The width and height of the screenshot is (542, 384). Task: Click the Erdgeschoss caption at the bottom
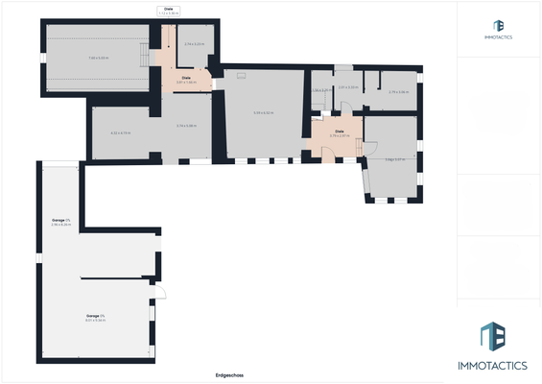pyautogui.click(x=230, y=375)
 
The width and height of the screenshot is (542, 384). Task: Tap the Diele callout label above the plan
pyautogui.click(x=169, y=12)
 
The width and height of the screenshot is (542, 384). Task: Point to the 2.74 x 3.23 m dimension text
pyautogui.click(x=194, y=45)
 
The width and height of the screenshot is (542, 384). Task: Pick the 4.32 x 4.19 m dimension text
pyautogui.click(x=121, y=132)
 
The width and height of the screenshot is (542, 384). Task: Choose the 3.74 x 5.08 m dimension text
pyautogui.click(x=186, y=126)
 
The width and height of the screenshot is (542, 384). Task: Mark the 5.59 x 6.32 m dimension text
pyautogui.click(x=263, y=112)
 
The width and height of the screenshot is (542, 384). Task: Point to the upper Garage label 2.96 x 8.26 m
pyautogui.click(x=61, y=223)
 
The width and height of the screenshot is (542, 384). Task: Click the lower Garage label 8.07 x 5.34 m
pyautogui.click(x=95, y=317)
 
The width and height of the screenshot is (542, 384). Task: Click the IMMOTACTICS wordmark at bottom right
pyautogui.click(x=499, y=366)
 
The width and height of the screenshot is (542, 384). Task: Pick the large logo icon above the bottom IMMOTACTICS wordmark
pyautogui.click(x=493, y=337)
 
